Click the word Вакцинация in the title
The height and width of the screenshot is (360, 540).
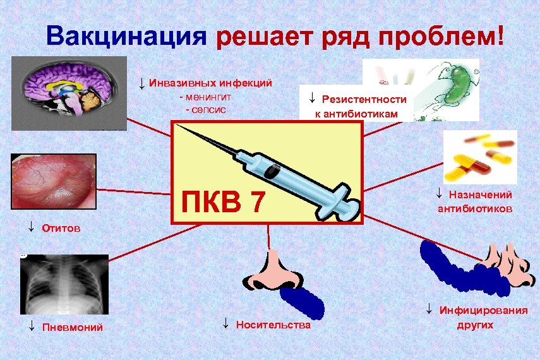click(x=126, y=36)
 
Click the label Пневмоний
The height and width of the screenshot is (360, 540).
click(x=72, y=327)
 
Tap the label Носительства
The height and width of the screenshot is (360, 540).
click(x=273, y=325)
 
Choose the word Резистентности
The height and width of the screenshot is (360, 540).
click(x=364, y=100)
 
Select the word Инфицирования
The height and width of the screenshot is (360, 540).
click(x=483, y=311)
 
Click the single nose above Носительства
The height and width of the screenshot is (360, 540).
click(x=272, y=272)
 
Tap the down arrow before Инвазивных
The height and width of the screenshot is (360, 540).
click(x=142, y=83)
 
